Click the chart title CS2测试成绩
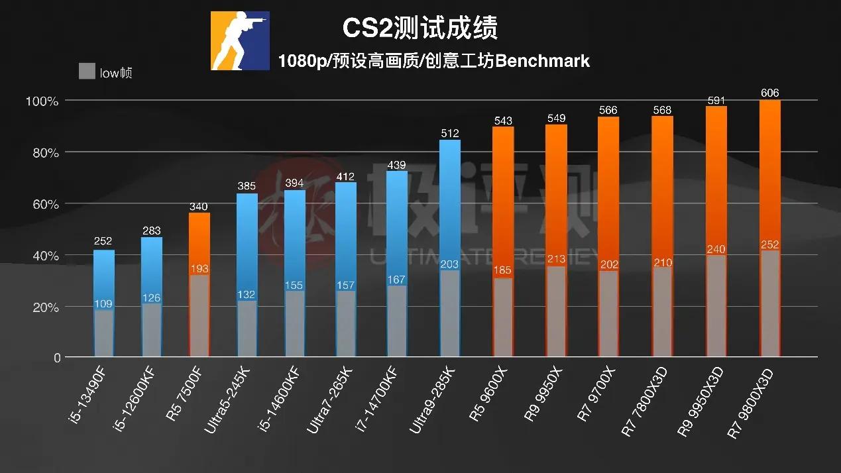[420, 28]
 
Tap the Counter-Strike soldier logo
[240, 40]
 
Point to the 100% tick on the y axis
[42, 101]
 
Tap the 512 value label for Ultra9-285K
[449, 133]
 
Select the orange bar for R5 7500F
[199, 242]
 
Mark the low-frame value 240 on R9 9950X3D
[716, 250]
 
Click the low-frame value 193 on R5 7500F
[199, 269]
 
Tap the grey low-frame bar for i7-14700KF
[397, 321]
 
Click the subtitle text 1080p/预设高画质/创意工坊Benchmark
[434, 62]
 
